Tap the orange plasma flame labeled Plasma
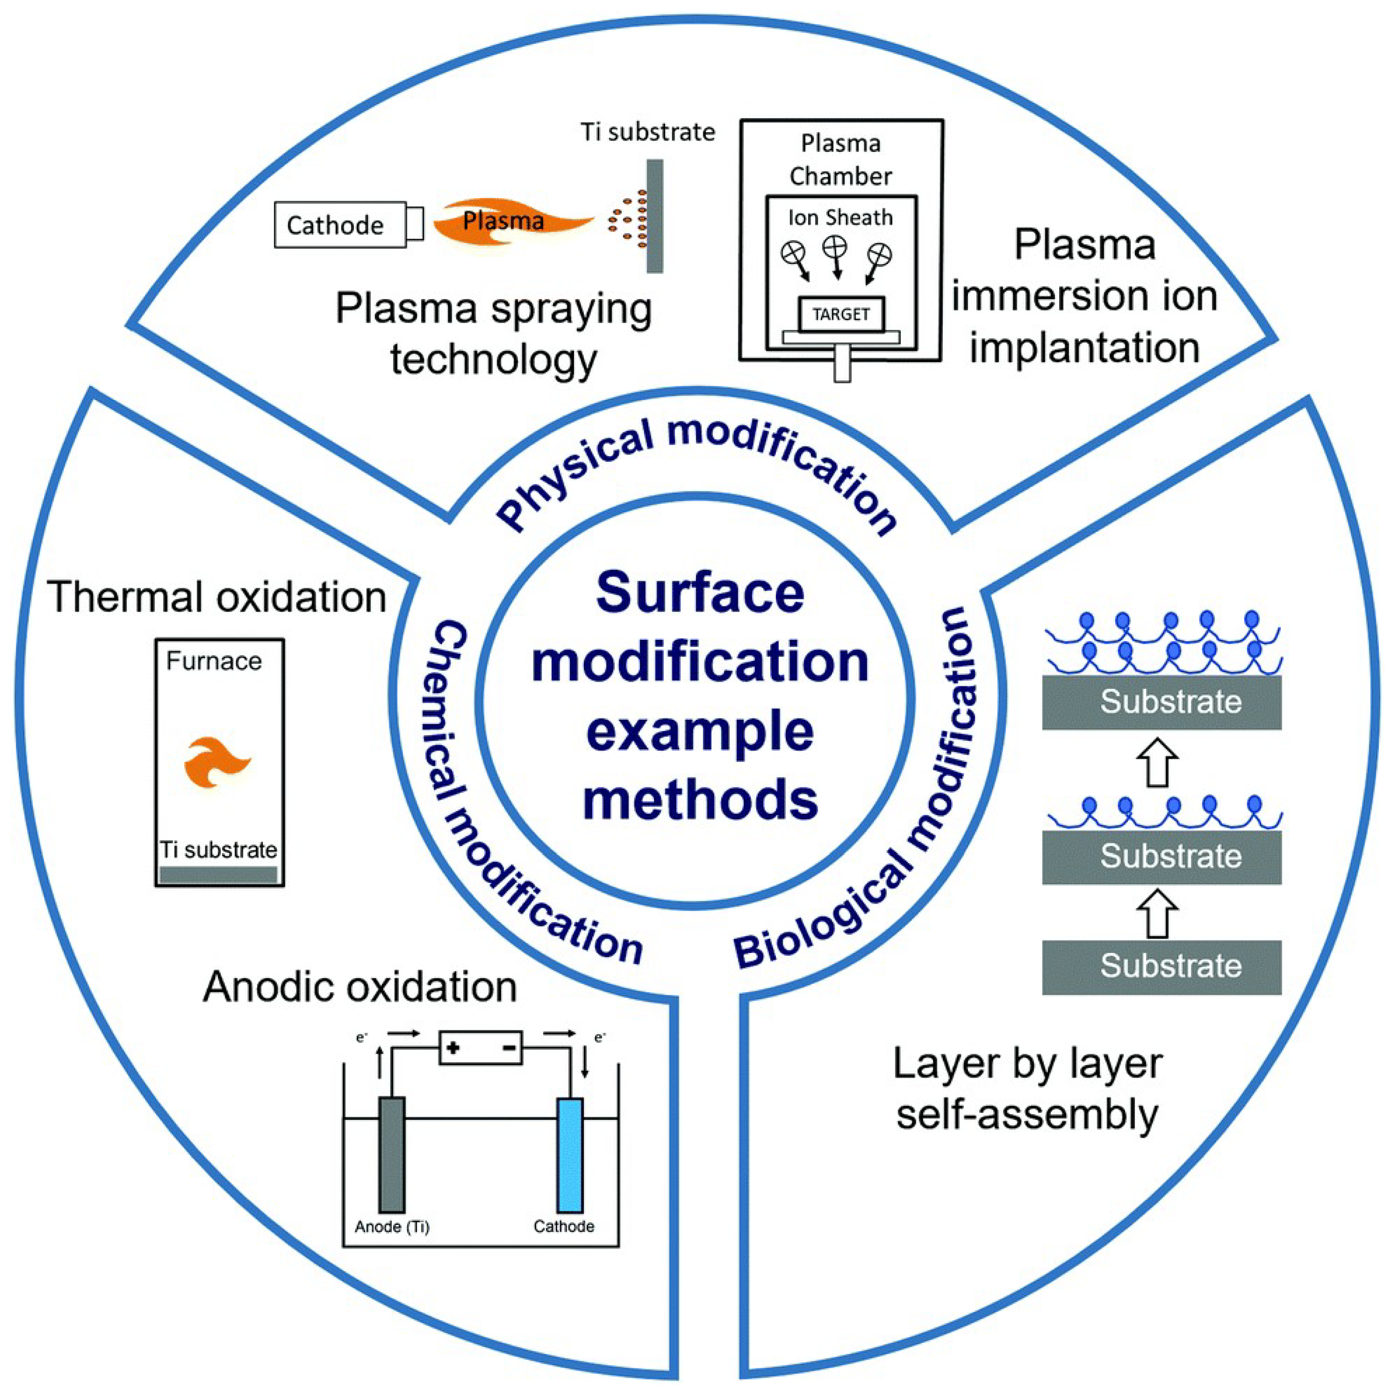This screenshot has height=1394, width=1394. [x=505, y=221]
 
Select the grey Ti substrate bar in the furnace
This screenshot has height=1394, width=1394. [x=218, y=875]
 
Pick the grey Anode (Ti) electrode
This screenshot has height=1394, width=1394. [x=392, y=1154]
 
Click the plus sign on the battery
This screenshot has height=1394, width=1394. [x=453, y=1047]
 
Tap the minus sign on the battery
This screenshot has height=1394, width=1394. [x=509, y=1047]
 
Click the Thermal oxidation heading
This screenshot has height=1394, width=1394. [x=217, y=597]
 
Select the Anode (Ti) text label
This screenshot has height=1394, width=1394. [x=392, y=1227]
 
